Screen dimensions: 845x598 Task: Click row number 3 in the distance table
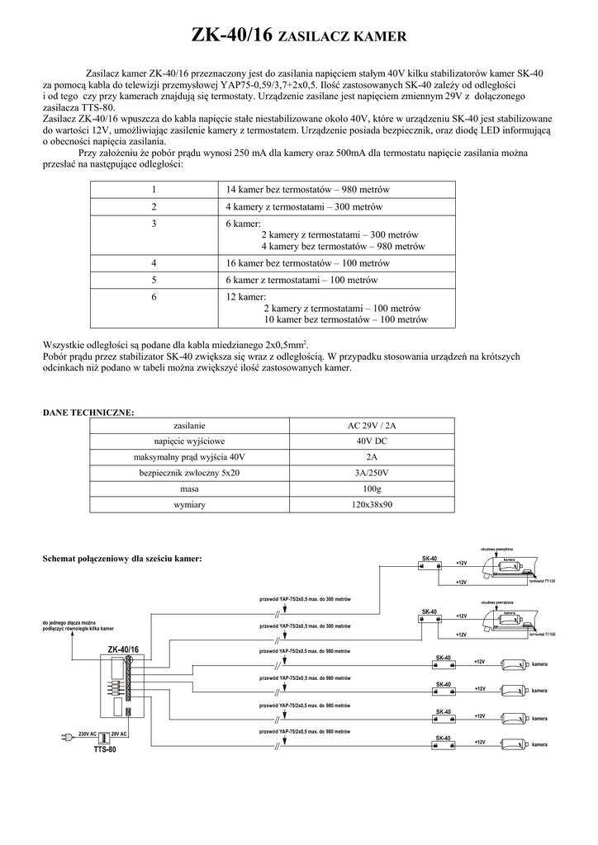[154, 224]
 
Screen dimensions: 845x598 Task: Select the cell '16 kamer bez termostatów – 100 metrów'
[306, 263]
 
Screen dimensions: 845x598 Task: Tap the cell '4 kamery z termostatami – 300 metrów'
[303, 207]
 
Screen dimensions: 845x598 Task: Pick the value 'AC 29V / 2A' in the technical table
[372, 426]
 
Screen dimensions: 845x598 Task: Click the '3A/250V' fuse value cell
[372, 473]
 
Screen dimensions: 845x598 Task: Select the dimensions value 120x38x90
[372, 504]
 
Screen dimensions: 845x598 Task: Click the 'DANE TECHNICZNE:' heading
[88, 411]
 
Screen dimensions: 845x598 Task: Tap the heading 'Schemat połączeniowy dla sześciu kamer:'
[122, 559]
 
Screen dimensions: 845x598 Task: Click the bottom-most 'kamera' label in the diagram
[539, 745]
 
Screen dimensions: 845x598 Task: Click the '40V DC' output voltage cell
[372, 441]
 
